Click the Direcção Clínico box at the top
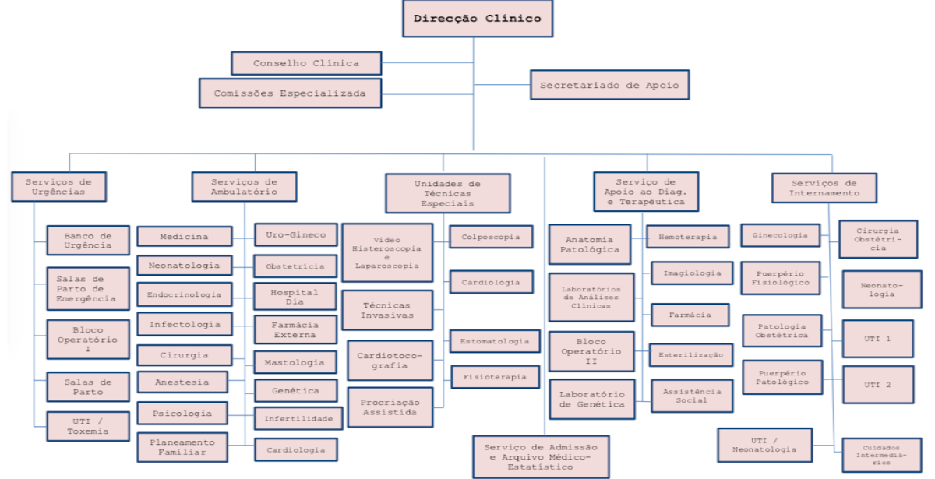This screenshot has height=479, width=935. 477,19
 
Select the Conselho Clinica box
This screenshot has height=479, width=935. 306,63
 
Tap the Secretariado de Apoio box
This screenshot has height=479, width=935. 609,85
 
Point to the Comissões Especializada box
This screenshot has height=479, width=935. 290,93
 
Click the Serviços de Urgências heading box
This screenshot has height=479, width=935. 58,187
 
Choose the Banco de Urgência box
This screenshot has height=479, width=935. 87,241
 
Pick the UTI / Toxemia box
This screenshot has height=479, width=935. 87,426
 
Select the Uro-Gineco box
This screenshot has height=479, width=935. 295,235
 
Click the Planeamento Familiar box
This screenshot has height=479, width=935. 183,447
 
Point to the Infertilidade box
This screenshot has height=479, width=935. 298,418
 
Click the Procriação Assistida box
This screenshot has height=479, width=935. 390,407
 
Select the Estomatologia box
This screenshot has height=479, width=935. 494,341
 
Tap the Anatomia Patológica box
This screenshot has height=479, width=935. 589,245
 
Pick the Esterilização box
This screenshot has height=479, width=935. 690,355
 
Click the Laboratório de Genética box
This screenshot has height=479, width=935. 591,400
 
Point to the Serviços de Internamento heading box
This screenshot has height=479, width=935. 824,188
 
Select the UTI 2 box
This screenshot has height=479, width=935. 877,385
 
